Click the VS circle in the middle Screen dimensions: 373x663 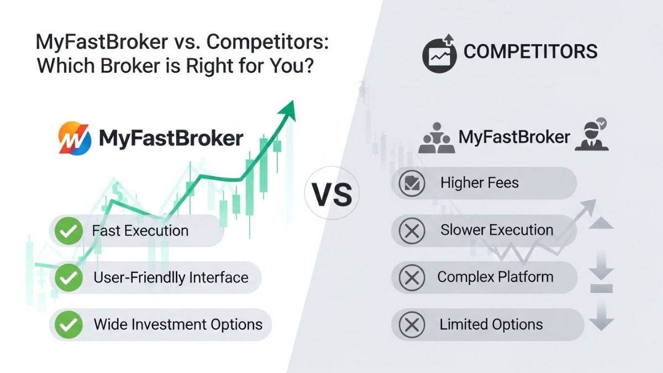pos(331,195)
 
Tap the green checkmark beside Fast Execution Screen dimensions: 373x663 pos(69,231)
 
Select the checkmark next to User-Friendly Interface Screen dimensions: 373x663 pos(69,277)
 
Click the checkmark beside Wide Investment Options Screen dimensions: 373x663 pos(69,324)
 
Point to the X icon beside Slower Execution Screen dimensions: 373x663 pos(412,230)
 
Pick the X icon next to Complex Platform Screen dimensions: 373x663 pos(412,277)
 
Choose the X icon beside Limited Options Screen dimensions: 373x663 pos(412,325)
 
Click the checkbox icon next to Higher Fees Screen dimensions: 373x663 pos(412,183)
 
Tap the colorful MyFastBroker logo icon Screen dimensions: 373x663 pos(74,138)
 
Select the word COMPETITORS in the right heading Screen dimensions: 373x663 pos(530,52)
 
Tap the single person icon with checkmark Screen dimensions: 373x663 pos(591,136)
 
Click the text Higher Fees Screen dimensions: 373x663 pos(479,183)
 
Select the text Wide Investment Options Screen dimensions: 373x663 pos(178,324)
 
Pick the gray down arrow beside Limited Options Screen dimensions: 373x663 pos(602,319)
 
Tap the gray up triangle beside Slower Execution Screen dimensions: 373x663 pos(602,223)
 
